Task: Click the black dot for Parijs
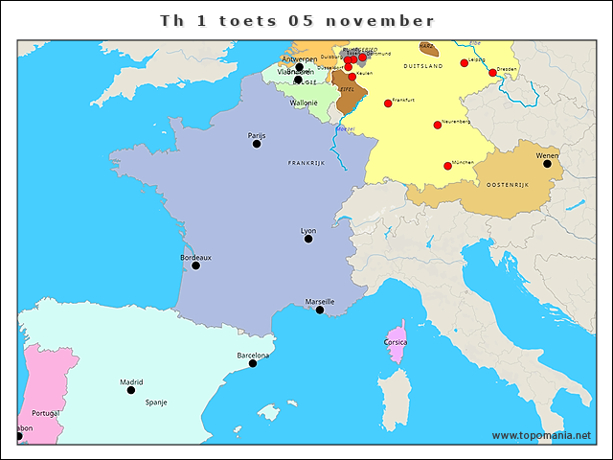tap(257, 145)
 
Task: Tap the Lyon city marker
tap(308, 239)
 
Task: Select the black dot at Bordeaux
tap(196, 265)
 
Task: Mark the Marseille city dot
tap(320, 310)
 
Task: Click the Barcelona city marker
tap(253, 363)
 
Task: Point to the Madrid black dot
tap(131, 390)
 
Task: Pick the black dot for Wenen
tap(547, 164)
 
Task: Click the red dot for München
tap(447, 166)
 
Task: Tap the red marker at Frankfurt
tap(388, 103)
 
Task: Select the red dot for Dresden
tap(493, 73)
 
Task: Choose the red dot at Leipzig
tap(465, 63)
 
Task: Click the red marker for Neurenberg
tap(438, 125)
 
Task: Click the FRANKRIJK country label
tap(307, 164)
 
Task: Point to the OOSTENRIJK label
tap(509, 184)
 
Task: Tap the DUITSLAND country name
tap(422, 65)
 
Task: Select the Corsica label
tap(396, 341)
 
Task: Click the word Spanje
tap(156, 402)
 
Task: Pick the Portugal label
tap(45, 413)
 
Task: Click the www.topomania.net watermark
tap(541, 436)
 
